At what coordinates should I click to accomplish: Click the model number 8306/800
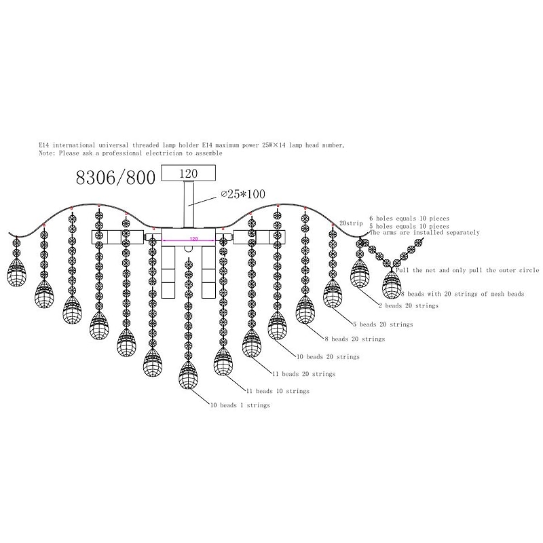(x=115, y=178)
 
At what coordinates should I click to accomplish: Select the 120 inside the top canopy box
(x=189, y=174)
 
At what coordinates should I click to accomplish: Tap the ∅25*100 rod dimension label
(x=243, y=194)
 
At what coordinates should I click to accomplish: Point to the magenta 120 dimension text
(x=193, y=239)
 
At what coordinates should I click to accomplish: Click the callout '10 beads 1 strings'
(x=240, y=405)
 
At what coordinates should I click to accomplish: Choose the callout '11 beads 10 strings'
(x=278, y=391)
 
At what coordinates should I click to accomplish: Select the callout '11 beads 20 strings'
(x=303, y=374)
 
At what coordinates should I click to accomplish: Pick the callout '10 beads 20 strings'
(x=328, y=357)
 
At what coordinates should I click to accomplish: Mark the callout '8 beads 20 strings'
(x=355, y=339)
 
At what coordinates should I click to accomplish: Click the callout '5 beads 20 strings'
(x=383, y=324)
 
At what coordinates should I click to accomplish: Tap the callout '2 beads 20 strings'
(x=409, y=306)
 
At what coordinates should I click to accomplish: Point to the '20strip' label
(x=351, y=223)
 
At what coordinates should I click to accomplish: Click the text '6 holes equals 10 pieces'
(x=409, y=219)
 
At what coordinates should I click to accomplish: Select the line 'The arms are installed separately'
(x=425, y=233)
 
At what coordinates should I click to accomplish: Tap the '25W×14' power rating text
(x=274, y=145)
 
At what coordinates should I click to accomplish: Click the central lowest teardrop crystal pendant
(x=189, y=375)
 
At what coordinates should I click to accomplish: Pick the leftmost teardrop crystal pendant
(x=16, y=272)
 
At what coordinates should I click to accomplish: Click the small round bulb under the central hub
(x=189, y=248)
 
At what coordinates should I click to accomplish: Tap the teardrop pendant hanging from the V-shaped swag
(x=392, y=284)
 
